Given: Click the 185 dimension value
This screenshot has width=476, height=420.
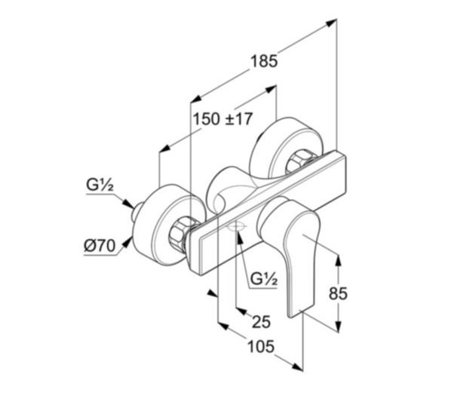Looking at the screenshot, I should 264,61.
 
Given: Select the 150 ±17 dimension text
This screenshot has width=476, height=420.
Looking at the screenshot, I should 222,119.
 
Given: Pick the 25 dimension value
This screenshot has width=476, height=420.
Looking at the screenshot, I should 260,322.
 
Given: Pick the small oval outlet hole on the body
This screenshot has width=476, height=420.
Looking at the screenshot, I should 237,226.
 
